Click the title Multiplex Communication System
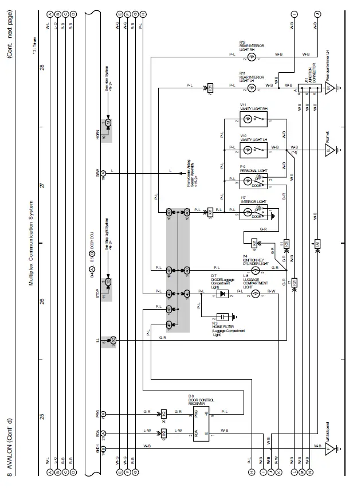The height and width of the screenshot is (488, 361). [x=33, y=243]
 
